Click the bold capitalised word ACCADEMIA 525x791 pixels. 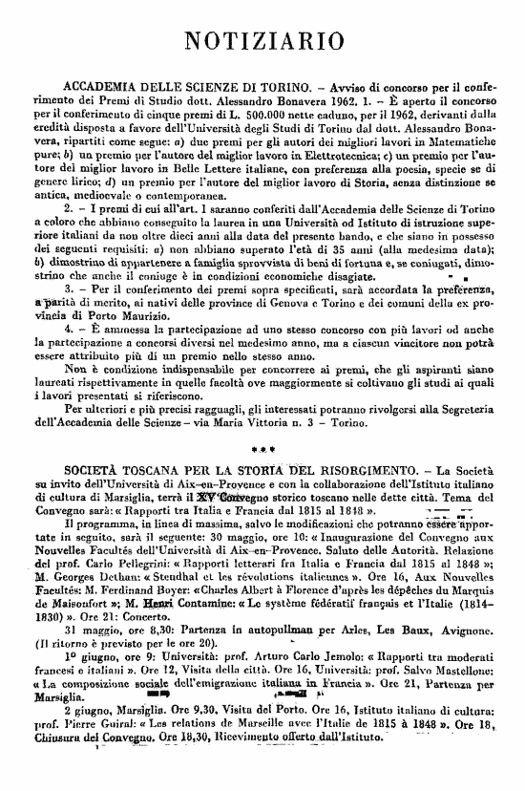click(x=103, y=85)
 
